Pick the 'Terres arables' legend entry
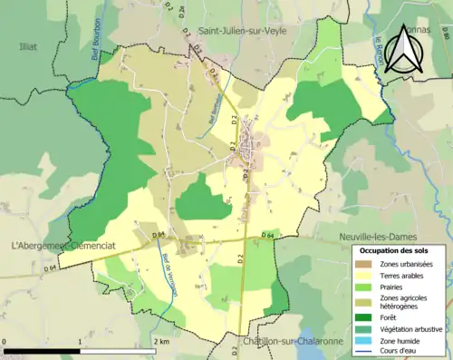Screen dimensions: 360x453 (405, 276)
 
